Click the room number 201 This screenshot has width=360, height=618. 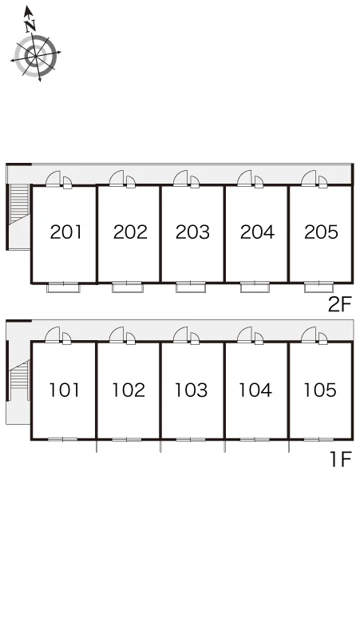click(x=65, y=232)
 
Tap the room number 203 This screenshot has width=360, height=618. click(x=192, y=232)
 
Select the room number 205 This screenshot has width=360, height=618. click(x=321, y=232)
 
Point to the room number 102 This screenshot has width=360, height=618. click(x=129, y=390)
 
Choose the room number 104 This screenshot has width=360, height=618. click(x=255, y=390)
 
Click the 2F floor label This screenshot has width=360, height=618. click(x=339, y=304)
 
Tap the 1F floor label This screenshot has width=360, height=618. click(x=341, y=459)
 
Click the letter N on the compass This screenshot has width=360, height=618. click(x=30, y=26)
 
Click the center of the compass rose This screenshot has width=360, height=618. click(x=36, y=57)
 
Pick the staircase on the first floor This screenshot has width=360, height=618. click(x=19, y=375)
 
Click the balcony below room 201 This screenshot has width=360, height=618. click(x=63, y=287)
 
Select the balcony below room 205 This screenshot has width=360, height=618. click(x=319, y=287)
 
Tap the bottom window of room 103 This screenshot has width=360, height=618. click(x=191, y=439)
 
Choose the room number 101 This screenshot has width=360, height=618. click(x=64, y=390)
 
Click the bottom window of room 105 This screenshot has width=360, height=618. click(x=318, y=439)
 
